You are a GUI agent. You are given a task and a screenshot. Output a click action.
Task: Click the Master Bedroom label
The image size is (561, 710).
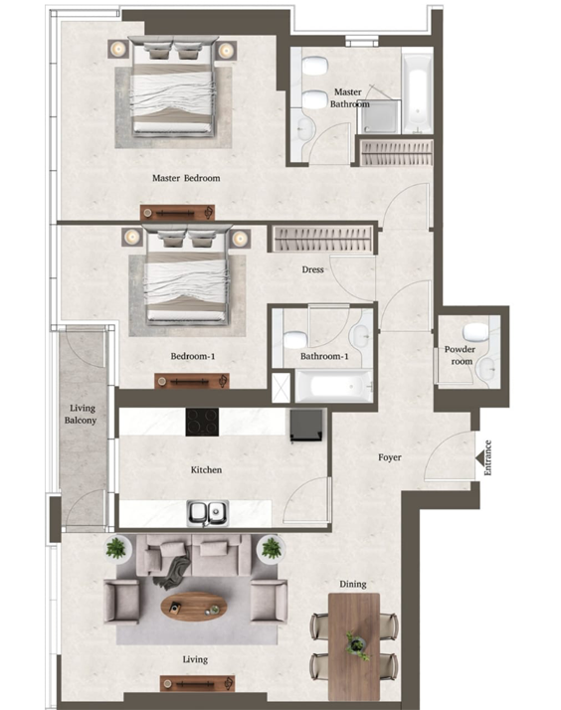186,179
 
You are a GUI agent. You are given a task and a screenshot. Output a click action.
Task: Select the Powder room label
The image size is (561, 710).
461,355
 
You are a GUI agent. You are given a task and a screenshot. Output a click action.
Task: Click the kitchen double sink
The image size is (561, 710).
208,512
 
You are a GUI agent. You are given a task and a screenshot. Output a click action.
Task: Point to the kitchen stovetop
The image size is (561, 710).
203,422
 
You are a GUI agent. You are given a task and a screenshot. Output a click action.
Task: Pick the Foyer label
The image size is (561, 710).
390,458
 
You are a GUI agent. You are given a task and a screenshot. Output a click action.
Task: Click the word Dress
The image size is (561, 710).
314,269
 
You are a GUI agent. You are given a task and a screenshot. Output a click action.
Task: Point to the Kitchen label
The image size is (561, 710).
206,469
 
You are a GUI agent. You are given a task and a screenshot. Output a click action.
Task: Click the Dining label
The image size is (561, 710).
352,585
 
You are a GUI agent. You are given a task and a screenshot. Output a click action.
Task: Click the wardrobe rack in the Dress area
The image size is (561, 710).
323,240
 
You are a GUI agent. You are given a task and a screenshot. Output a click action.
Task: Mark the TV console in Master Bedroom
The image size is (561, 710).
177,212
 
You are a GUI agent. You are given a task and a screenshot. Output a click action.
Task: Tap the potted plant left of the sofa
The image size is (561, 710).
116,548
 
